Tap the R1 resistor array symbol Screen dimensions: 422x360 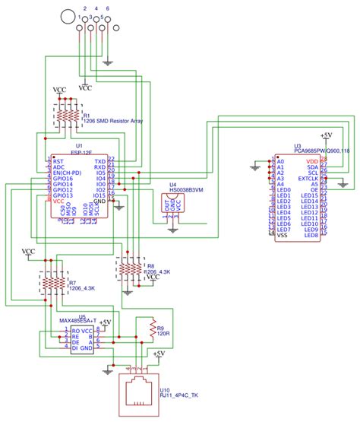(66, 116)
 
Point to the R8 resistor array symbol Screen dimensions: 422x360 (131, 268)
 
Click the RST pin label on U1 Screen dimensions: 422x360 (58, 162)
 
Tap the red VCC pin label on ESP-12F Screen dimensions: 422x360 (58, 199)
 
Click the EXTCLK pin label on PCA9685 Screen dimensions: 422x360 (308, 179)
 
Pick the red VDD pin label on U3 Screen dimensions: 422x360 (311, 162)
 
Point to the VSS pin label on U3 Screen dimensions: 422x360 (283, 236)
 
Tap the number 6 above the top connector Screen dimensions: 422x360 (107, 7)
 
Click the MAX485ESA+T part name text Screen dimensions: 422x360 (81, 321)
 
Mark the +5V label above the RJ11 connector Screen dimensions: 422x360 (159, 354)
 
